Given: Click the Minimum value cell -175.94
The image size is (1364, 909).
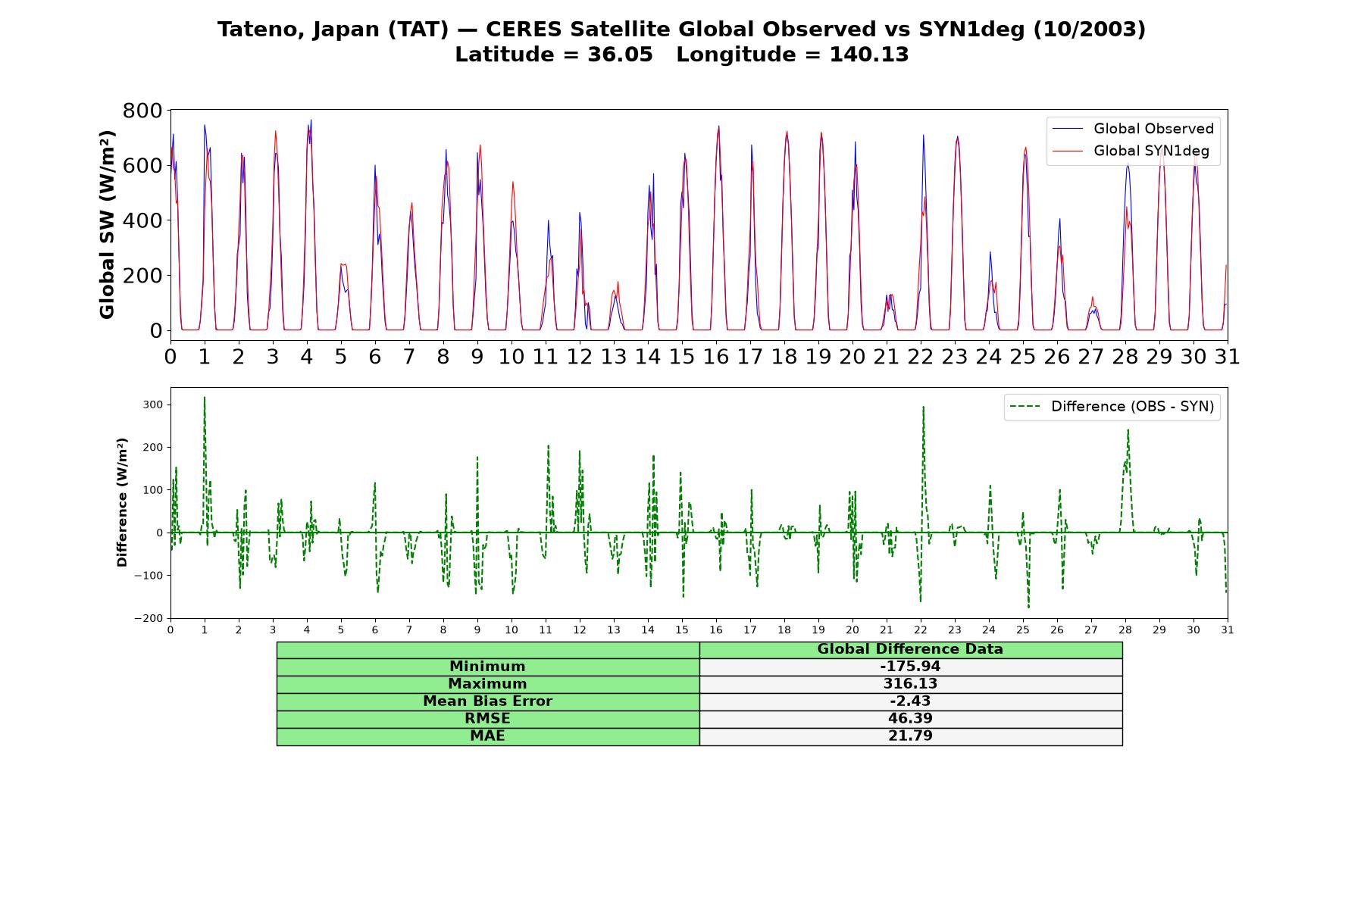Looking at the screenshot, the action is tap(910, 667).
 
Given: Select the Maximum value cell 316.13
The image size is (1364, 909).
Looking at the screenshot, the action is tap(910, 684).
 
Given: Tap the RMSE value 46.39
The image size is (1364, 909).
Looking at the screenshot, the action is tap(910, 719).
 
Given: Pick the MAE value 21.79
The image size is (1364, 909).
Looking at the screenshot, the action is tap(910, 736).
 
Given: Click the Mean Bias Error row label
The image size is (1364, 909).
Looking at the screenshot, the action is tap(487, 701).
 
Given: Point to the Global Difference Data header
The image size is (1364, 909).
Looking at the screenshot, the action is tap(910, 649).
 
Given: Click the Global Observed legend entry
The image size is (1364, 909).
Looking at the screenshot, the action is tap(1134, 129).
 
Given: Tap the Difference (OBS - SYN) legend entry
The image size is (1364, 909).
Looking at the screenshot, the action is tap(1112, 407).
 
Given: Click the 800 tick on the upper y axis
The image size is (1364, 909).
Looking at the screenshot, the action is tap(142, 111).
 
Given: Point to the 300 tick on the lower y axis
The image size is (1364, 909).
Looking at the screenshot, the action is tap(152, 405).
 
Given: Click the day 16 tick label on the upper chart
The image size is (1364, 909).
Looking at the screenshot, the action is tap(716, 357).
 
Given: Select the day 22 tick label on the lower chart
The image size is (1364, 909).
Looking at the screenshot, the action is tap(921, 629).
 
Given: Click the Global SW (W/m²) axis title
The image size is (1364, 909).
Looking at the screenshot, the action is tap(107, 224).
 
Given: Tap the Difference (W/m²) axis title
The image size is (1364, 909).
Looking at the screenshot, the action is tap(122, 503).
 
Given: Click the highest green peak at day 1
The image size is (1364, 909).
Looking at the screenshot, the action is tap(205, 397).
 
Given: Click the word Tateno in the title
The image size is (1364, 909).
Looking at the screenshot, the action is tap(254, 30).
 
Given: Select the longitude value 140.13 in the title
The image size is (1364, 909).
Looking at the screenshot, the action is tap(869, 55).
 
